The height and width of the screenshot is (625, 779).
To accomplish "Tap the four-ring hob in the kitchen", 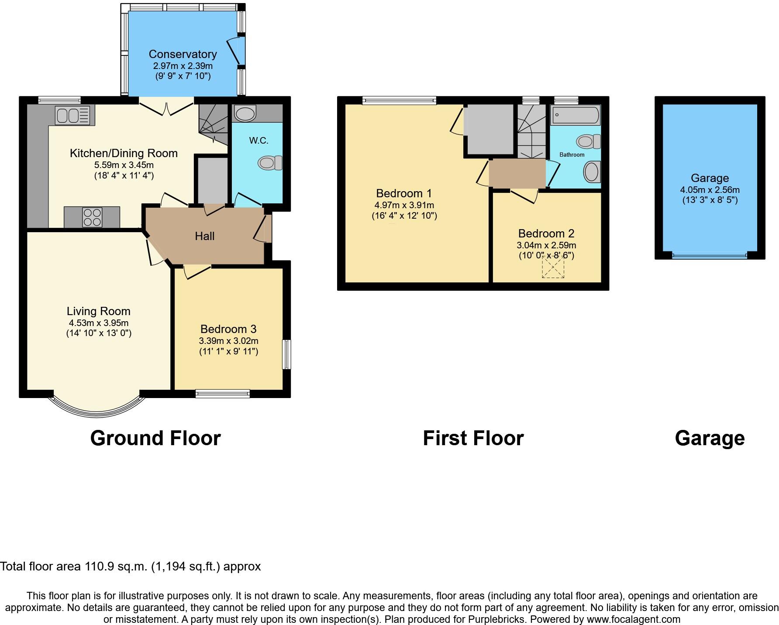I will (x=92, y=217).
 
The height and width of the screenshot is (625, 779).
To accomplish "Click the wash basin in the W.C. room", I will (x=245, y=113).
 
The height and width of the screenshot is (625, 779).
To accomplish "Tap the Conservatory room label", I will (x=183, y=54).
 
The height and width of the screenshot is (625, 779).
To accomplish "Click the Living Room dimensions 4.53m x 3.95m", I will (x=98, y=323).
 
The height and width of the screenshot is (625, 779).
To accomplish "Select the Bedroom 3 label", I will (x=228, y=329).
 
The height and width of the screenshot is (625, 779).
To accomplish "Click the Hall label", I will (x=204, y=236).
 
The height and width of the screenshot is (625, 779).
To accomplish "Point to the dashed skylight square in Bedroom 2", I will (x=553, y=267).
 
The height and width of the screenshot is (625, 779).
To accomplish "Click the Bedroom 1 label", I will (x=404, y=193).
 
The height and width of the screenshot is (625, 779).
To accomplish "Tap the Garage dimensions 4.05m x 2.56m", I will (x=710, y=190).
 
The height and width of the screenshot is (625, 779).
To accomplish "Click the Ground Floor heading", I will (x=155, y=438).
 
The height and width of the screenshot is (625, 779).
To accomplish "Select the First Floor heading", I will (x=473, y=438).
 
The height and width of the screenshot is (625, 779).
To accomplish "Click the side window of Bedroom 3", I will (x=286, y=354).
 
